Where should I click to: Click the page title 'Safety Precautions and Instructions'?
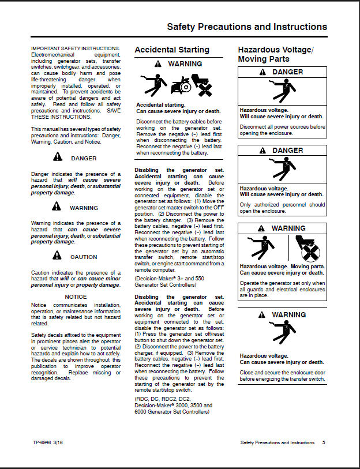tap(246, 27)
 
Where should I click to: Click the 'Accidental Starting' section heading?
tap(172, 50)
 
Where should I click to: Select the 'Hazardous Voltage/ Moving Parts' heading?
tap(275, 54)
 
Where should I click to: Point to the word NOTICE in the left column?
tap(76, 297)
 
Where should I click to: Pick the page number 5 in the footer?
tap(324, 442)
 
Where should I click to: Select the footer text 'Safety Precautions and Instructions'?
tap(277, 442)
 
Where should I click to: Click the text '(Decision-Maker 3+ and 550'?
tap(169, 279)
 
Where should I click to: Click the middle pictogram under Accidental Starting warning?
tap(182, 85)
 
